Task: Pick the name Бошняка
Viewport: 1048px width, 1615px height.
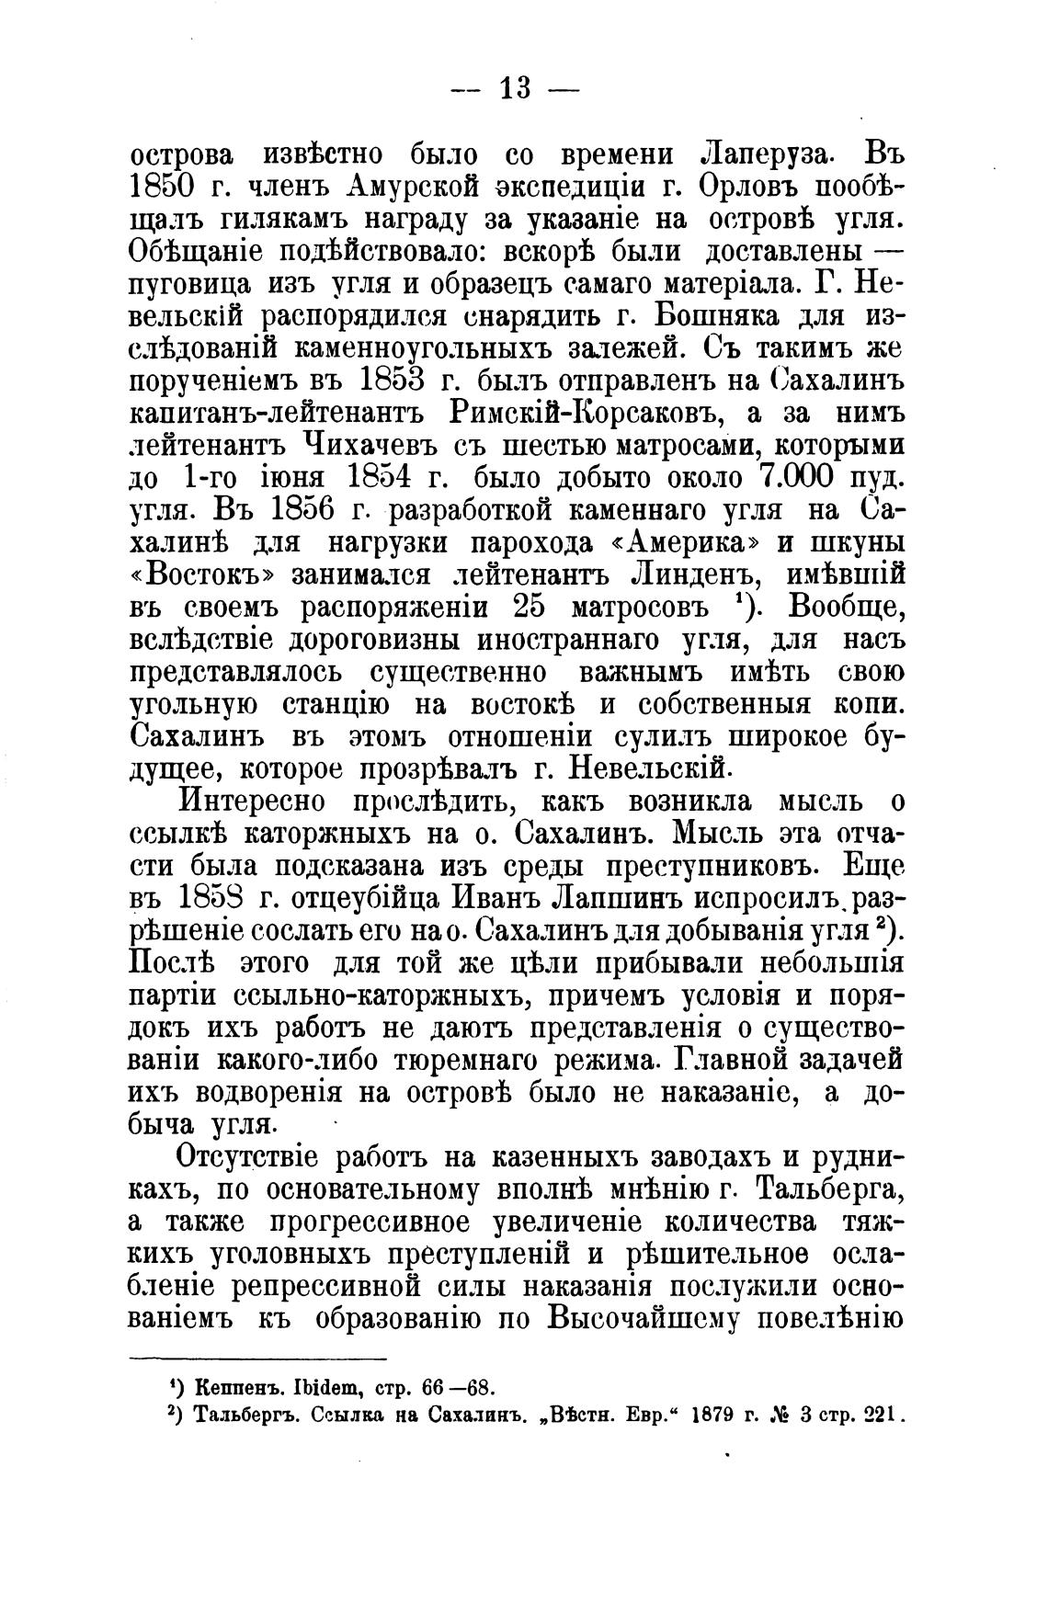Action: point(716,316)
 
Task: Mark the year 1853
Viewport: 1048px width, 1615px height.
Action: point(388,381)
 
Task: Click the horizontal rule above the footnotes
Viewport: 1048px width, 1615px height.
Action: point(257,1358)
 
